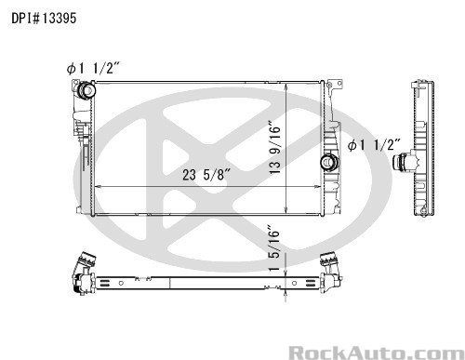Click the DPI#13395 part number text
44,19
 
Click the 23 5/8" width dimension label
206,175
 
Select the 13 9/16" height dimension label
274,149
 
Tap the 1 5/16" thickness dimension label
274,250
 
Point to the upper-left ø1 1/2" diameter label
93,68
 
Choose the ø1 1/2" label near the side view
374,145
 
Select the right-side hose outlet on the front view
329,162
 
